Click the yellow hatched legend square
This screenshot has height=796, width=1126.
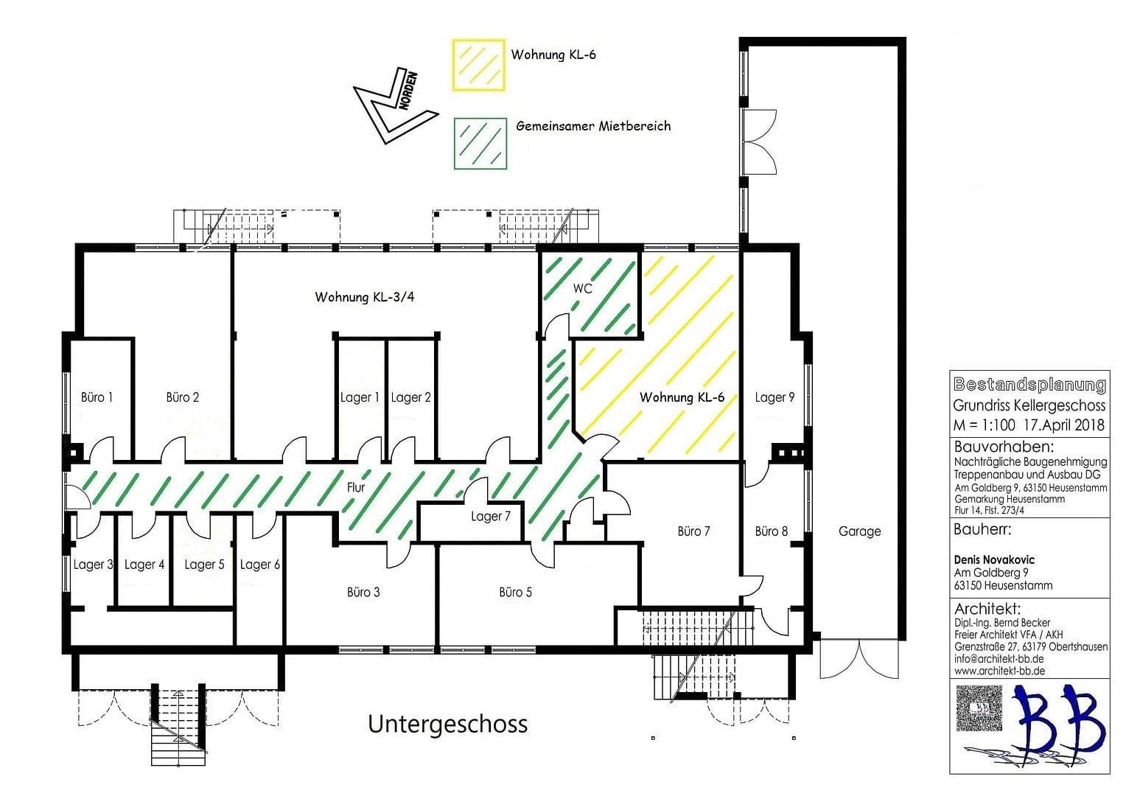click(x=479, y=66)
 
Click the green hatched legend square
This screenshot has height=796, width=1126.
click(x=480, y=143)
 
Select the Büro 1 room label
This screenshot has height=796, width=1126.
click(x=97, y=397)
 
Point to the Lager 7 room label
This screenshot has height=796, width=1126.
click(x=491, y=517)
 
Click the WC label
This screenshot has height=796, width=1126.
click(x=582, y=289)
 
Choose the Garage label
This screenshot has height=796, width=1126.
click(x=859, y=531)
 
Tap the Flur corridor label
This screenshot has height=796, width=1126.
click(x=356, y=487)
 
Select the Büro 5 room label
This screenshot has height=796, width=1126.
click(x=515, y=592)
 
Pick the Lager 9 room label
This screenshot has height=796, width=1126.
click(x=774, y=397)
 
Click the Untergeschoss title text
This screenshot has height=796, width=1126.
click(x=448, y=724)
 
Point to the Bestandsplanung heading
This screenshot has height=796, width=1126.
click(x=1029, y=385)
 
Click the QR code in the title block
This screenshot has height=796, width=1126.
click(x=979, y=708)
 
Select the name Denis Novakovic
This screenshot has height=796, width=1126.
click(x=994, y=560)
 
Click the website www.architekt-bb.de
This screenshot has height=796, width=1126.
click(x=999, y=671)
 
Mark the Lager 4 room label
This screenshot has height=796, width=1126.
click(x=144, y=565)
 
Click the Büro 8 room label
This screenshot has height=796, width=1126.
click(x=772, y=531)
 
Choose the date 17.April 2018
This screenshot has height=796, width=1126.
click(x=1064, y=425)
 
